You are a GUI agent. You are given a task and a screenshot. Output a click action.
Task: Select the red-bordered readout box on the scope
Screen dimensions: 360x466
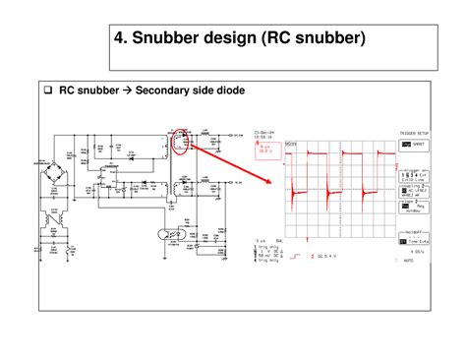265,150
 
